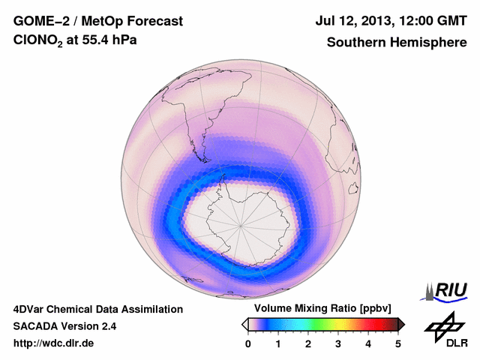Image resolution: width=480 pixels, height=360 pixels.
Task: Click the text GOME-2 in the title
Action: click(x=40, y=22)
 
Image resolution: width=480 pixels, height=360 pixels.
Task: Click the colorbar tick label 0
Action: click(x=248, y=343)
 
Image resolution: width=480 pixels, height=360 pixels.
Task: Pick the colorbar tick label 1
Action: click(x=278, y=343)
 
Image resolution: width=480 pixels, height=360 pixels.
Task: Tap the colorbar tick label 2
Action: click(x=308, y=343)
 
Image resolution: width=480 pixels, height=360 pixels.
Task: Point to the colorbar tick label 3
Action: click(x=338, y=343)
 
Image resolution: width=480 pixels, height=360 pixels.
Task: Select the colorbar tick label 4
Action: click(x=368, y=343)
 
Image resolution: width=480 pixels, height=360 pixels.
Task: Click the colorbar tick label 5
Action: click(x=398, y=343)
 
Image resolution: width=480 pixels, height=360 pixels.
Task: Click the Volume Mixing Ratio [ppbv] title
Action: click(x=323, y=309)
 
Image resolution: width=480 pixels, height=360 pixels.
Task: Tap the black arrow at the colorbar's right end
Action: click(x=402, y=324)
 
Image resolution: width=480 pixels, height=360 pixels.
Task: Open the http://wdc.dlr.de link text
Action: click(x=54, y=344)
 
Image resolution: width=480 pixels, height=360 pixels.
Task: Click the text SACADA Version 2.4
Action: click(x=64, y=326)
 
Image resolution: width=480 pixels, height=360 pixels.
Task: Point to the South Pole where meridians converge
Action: click(x=241, y=225)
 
